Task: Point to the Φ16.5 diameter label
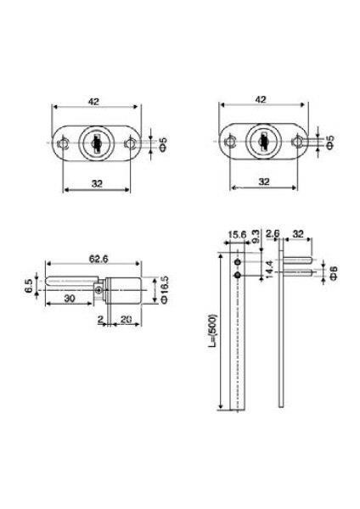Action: click(x=162, y=289)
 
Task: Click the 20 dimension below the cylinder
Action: click(x=125, y=321)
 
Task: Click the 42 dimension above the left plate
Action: click(x=95, y=100)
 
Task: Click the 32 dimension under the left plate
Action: click(x=95, y=181)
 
